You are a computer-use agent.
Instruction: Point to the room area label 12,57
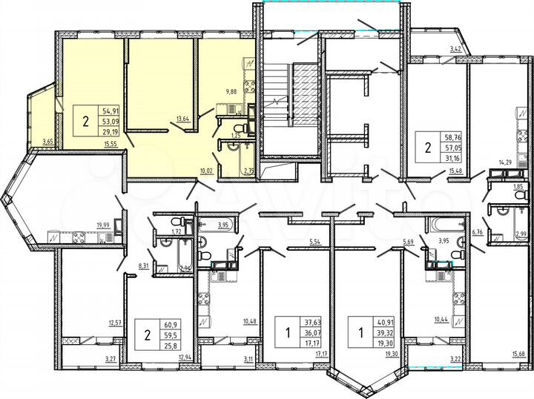[x=114, y=323]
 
